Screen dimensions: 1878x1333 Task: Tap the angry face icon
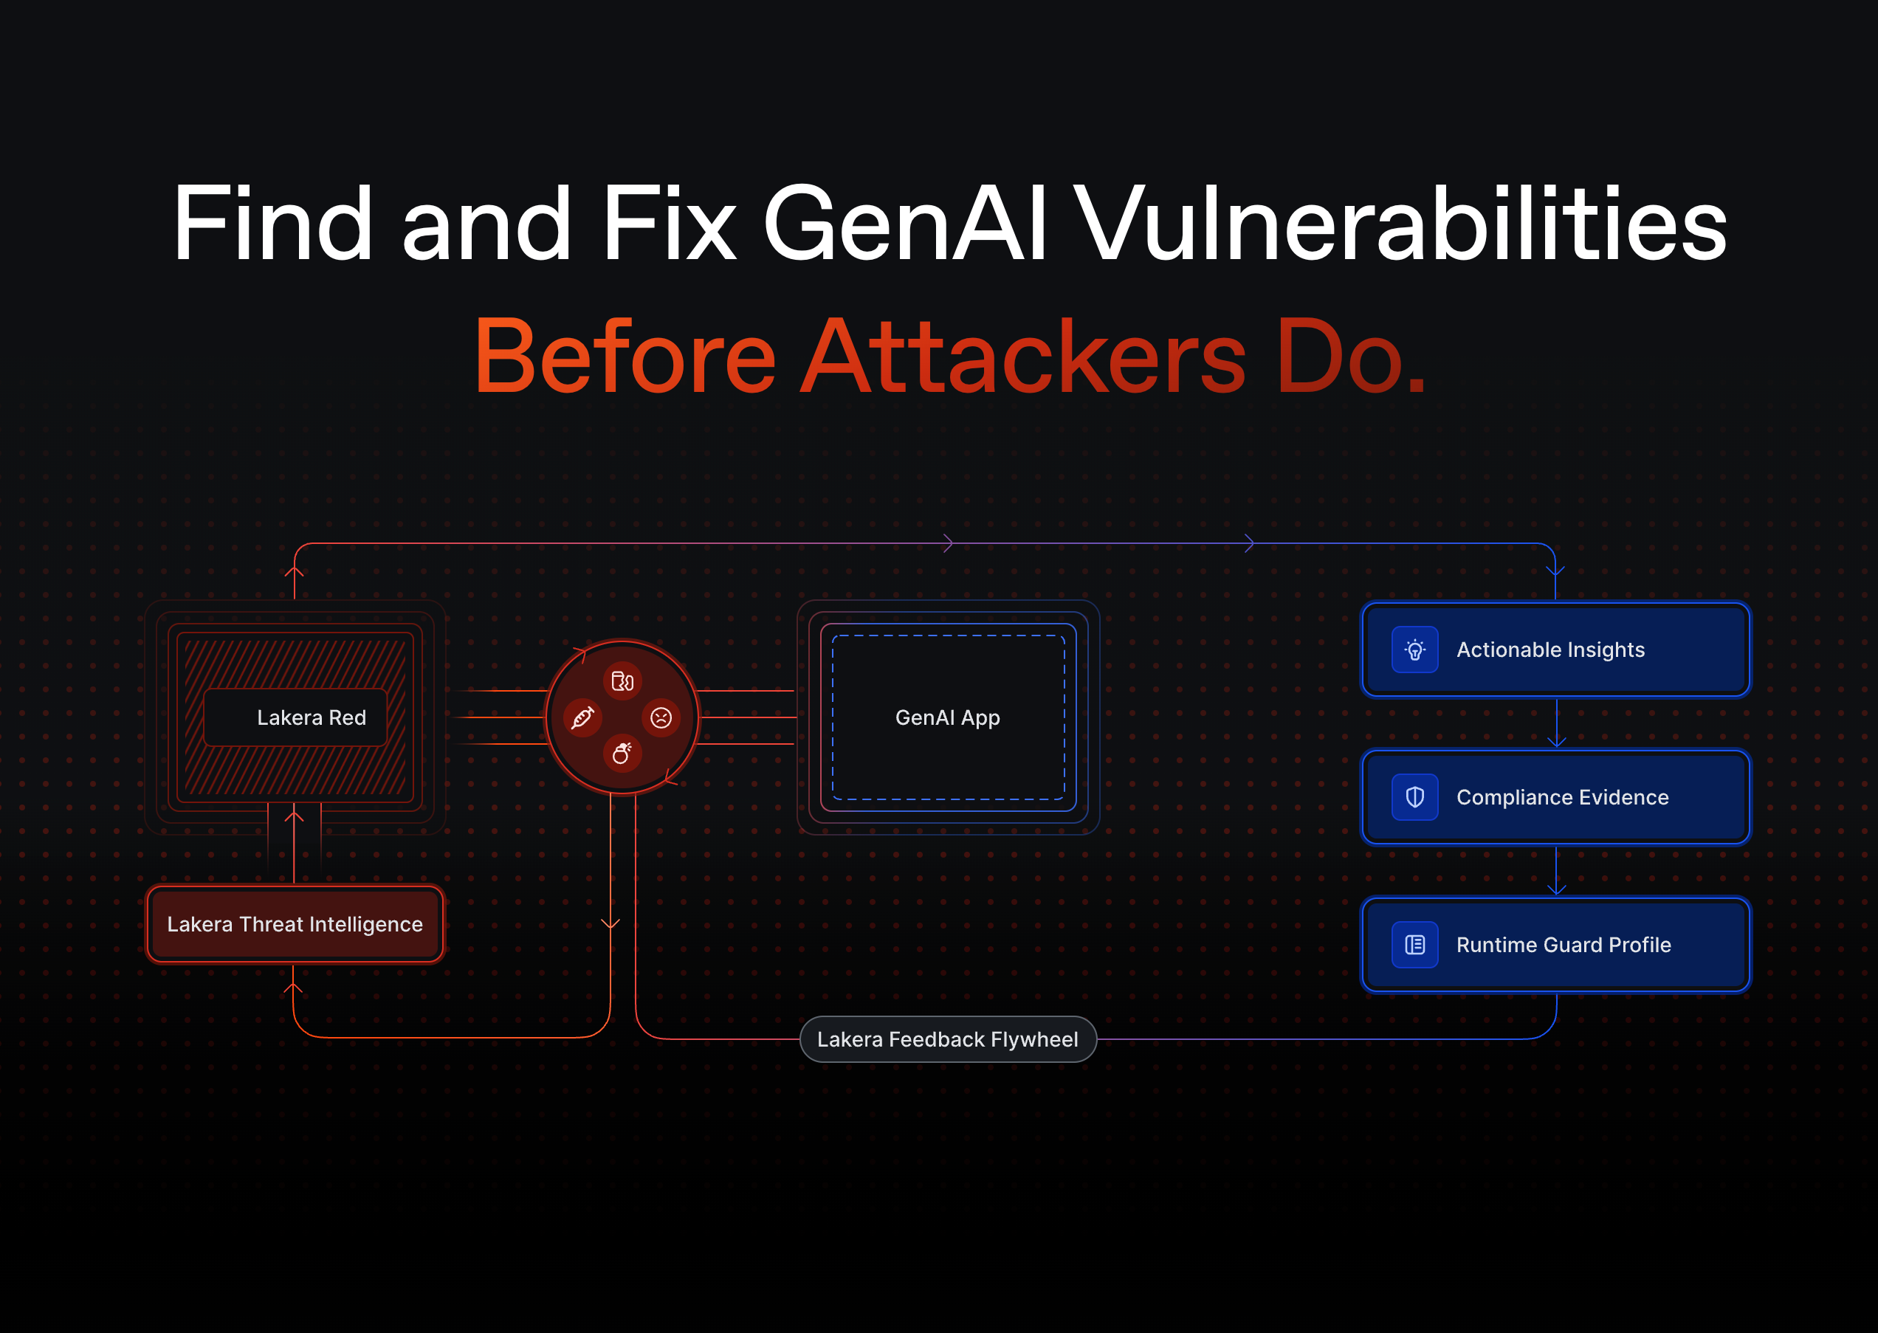(x=661, y=718)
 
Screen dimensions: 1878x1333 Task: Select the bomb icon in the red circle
(x=622, y=753)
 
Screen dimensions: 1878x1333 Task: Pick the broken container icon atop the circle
(x=622, y=681)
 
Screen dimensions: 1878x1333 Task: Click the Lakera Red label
(x=312, y=717)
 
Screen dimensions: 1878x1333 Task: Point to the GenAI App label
(x=947, y=718)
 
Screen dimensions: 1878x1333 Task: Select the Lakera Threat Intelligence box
(x=295, y=924)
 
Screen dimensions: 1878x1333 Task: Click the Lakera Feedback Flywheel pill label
(x=948, y=1039)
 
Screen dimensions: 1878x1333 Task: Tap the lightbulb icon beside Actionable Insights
(x=1415, y=650)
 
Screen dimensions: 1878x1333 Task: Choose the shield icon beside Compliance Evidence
(x=1415, y=797)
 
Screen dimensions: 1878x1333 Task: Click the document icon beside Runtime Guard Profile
(x=1415, y=945)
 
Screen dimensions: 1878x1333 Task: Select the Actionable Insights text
(x=1550, y=650)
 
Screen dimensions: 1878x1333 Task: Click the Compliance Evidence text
(x=1563, y=797)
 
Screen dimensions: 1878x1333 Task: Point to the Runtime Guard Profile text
(x=1564, y=945)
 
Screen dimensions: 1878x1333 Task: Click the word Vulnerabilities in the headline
(x=1401, y=223)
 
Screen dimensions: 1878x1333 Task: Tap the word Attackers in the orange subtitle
(x=1024, y=356)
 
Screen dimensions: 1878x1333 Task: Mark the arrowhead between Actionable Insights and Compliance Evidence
(x=1556, y=742)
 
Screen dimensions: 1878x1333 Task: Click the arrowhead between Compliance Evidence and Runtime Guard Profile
(x=1556, y=889)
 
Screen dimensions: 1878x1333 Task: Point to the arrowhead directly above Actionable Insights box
(x=1555, y=571)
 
